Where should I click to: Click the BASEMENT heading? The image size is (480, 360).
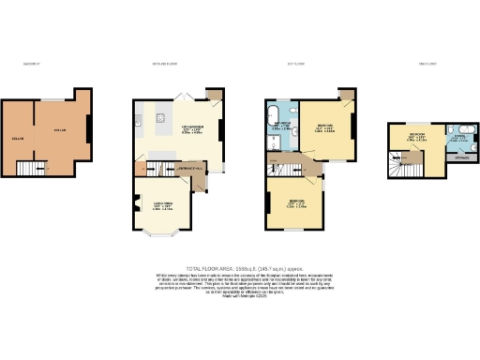pyautogui.click(x=32, y=65)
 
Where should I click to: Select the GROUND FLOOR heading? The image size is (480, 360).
pyautogui.click(x=166, y=65)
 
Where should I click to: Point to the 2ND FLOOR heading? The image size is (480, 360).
pyautogui.click(x=428, y=65)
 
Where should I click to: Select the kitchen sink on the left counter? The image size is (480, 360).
pyautogui.click(x=138, y=119)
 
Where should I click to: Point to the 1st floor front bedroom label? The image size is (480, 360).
pyautogui.click(x=295, y=204)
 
